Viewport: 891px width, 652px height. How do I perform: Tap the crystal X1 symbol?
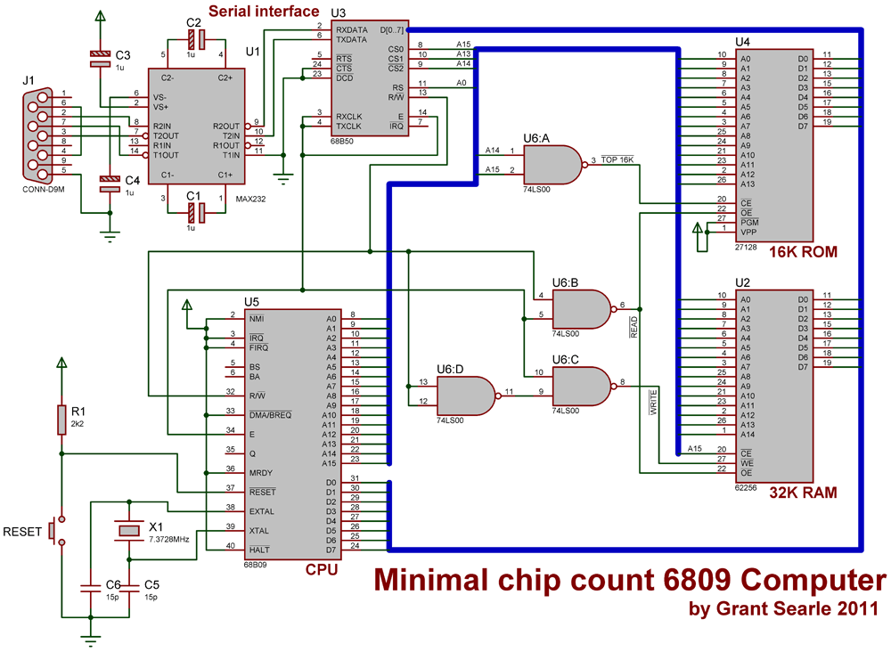tap(129, 531)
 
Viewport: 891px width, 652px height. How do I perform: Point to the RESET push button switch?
tap(55, 531)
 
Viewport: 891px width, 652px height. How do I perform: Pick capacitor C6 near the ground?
tap(90, 587)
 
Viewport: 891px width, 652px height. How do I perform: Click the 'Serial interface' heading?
tap(264, 11)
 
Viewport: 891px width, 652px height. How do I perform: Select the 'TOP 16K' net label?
tap(618, 159)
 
